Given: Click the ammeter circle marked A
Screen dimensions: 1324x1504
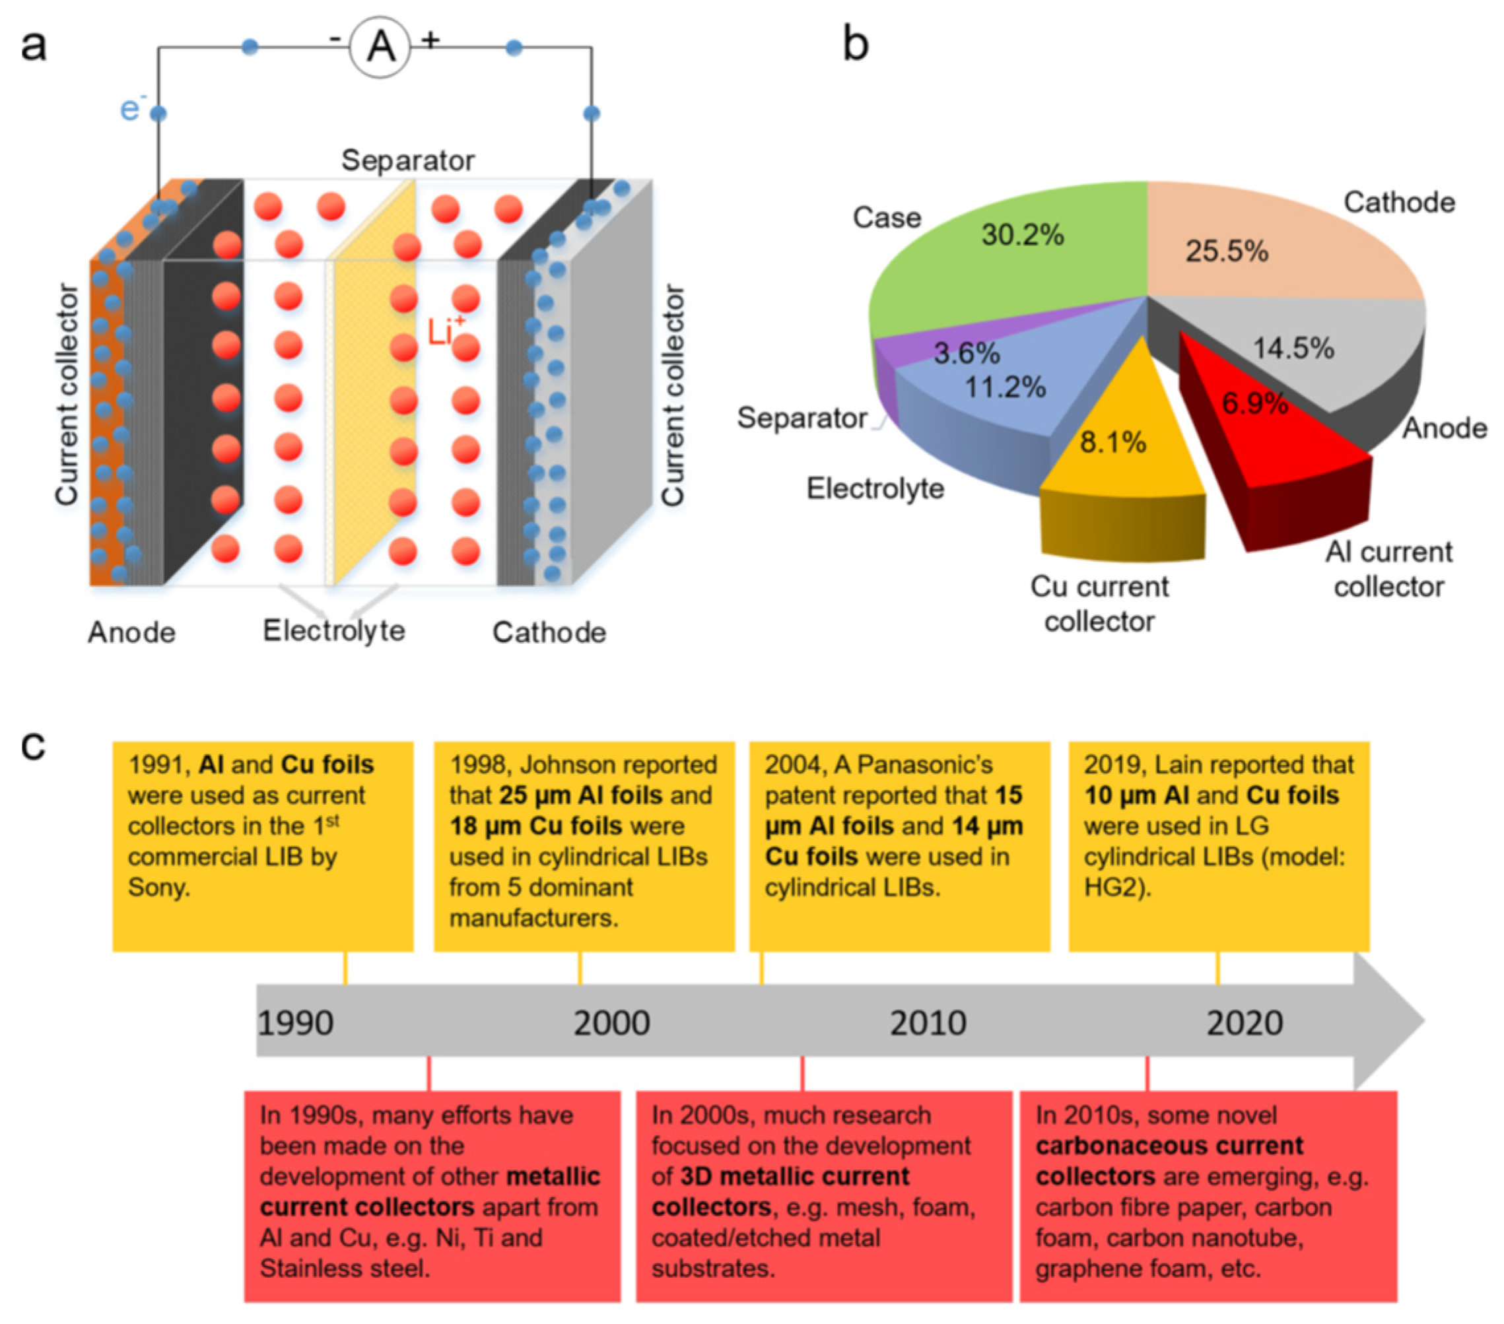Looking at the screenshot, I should (380, 47).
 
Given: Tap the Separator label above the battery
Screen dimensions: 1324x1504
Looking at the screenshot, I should (407, 160).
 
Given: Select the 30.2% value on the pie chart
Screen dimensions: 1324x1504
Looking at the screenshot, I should (1022, 236).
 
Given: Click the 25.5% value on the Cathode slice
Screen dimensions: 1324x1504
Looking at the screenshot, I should (1227, 251).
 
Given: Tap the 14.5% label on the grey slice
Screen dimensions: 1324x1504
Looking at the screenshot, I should (1293, 348).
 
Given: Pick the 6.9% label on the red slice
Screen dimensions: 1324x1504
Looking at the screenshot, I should (1254, 403).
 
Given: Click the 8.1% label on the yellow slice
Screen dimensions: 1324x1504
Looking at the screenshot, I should (1112, 442).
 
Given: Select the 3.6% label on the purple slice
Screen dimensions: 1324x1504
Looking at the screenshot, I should (966, 354).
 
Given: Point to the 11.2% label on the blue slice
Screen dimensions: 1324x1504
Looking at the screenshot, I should (1005, 387).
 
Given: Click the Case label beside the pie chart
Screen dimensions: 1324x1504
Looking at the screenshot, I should (887, 218).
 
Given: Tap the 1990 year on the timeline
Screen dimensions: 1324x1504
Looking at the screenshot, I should (295, 1023).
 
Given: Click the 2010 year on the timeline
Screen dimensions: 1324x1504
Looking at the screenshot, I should (928, 1023).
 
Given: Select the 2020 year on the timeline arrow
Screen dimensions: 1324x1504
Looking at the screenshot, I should (1245, 1023).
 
